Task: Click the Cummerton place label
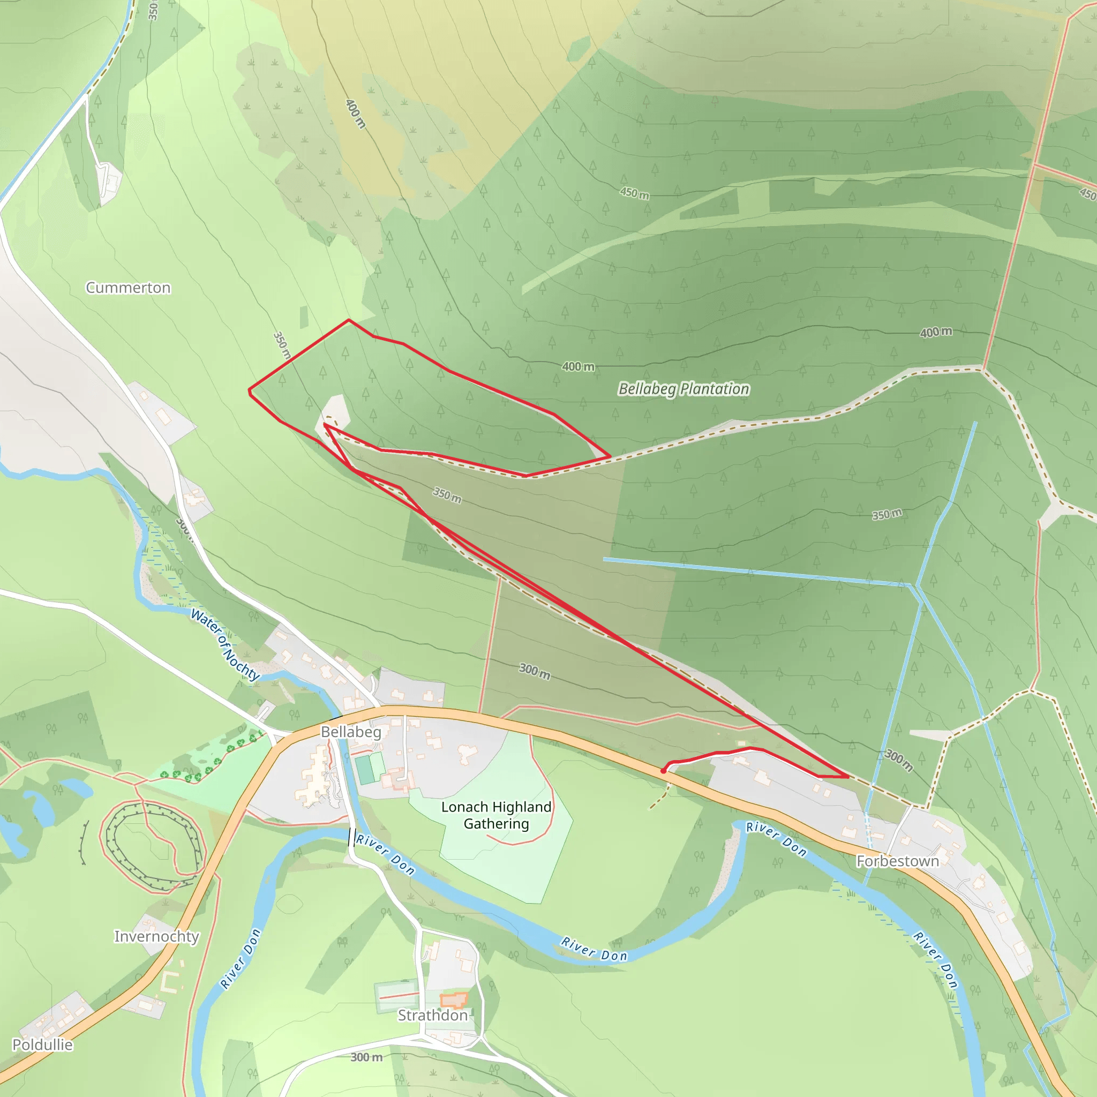[x=128, y=288]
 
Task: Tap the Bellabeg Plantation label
[x=683, y=389]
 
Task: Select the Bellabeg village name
[x=351, y=732]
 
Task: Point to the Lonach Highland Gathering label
[x=496, y=815]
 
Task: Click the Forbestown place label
[x=897, y=861]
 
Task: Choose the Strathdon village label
[x=433, y=1015]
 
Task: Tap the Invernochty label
[x=157, y=936]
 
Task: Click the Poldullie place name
[x=43, y=1045]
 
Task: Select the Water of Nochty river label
[x=225, y=644]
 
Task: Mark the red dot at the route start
[x=663, y=771]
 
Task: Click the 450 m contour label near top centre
[x=634, y=193]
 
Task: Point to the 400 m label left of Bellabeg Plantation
[x=578, y=367]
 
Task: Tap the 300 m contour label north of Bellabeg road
[x=534, y=671]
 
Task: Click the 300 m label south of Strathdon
[x=366, y=1057]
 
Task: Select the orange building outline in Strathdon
[x=454, y=1001]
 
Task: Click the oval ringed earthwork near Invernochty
[x=152, y=839]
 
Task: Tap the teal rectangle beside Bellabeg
[x=364, y=769]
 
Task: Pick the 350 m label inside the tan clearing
[x=447, y=494]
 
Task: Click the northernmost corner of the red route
[x=349, y=320]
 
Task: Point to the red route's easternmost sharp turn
[x=848, y=777]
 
